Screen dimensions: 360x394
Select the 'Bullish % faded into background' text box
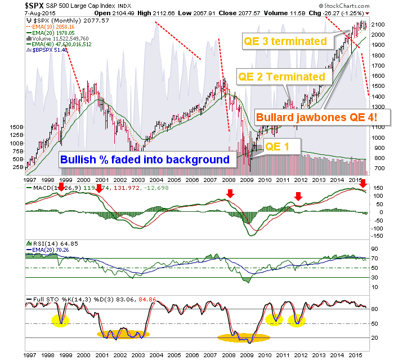[145, 159]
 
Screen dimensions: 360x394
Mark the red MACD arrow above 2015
[363, 184]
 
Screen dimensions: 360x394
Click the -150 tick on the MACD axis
[378, 235]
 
